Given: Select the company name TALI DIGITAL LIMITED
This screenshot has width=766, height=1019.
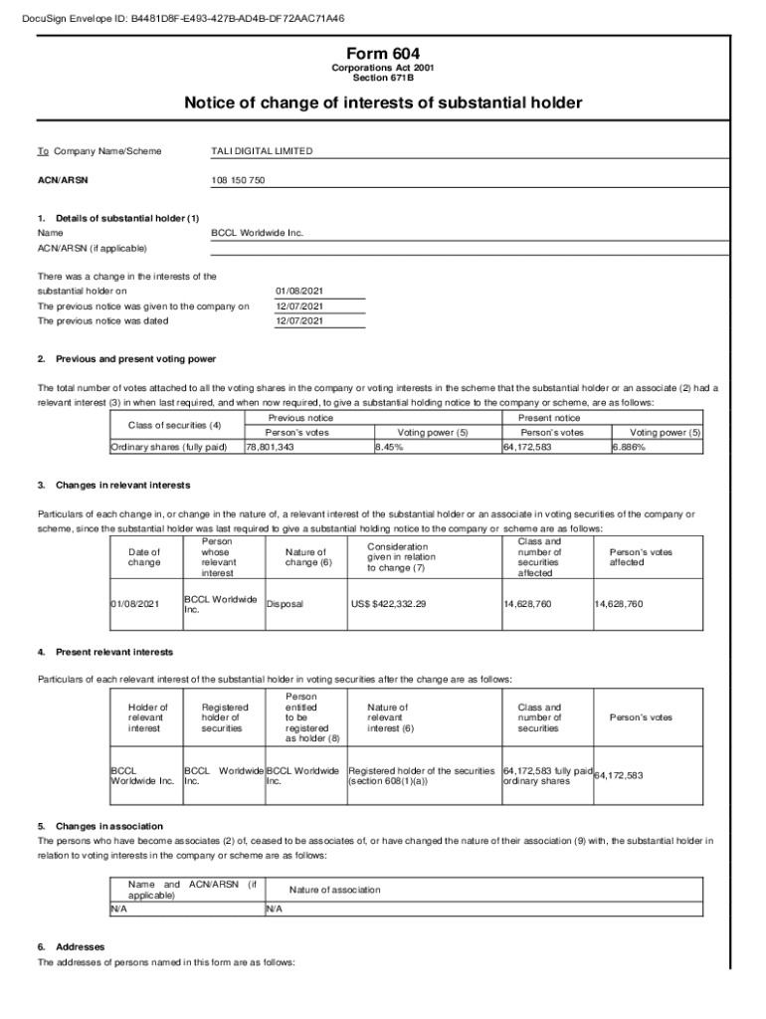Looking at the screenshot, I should pos(262,151).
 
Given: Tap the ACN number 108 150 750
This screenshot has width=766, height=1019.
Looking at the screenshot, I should pos(239,180).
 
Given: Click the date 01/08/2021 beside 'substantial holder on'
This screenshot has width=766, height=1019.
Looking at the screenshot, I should pos(299,292).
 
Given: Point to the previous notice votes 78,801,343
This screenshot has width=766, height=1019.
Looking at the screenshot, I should pos(270,448).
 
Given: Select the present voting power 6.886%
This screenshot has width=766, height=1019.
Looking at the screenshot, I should pos(629,448).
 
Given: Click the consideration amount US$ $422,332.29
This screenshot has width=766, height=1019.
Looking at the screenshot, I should pos(388,604).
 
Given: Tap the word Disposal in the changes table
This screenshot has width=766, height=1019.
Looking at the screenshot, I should pos(285,604).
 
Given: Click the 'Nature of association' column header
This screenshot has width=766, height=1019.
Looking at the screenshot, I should pos(334,890).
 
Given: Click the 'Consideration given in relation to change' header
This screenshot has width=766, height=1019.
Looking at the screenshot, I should pos(401,557).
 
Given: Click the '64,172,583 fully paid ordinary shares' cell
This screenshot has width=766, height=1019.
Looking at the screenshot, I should pos(547,775).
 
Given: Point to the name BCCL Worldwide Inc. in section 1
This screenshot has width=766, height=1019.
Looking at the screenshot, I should pos(258,233).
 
